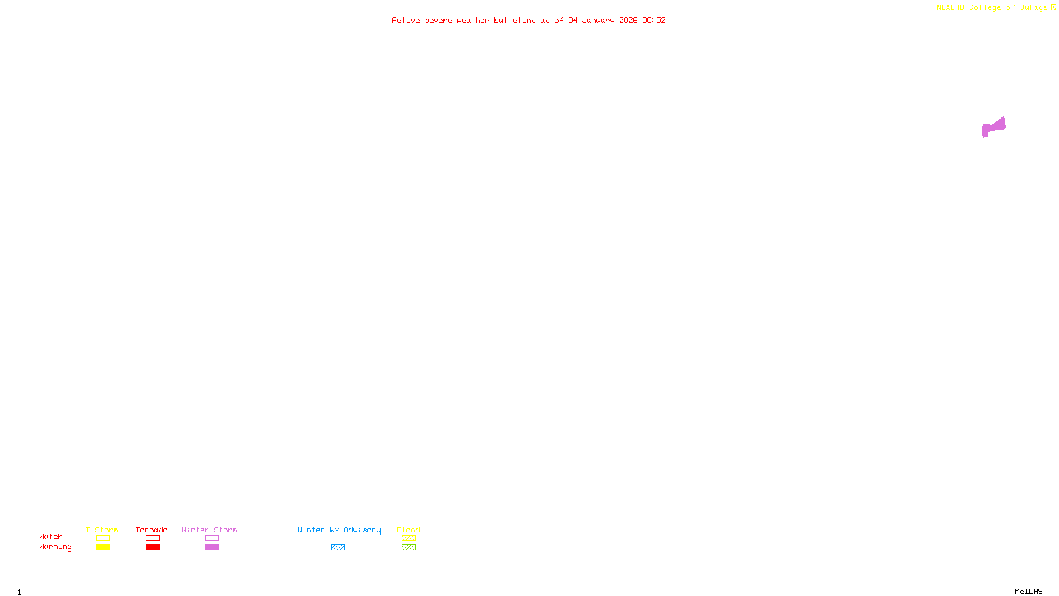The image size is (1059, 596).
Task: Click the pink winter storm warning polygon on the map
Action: [993, 126]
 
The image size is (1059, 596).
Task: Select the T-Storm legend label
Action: [102, 530]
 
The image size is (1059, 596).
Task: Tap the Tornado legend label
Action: [152, 530]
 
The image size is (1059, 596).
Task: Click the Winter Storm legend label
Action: [209, 530]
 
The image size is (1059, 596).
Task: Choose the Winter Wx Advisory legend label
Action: [339, 530]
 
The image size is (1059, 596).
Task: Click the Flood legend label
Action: [408, 530]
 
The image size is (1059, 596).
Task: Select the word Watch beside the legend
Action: [51, 536]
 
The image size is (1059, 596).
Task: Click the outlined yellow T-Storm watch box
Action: [103, 538]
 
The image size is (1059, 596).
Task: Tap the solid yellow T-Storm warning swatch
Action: [103, 548]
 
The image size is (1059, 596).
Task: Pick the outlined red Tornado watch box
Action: [153, 538]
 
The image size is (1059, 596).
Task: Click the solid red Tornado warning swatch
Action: [153, 548]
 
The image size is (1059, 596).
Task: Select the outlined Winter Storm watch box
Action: [212, 538]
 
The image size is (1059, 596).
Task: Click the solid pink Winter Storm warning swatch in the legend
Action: [212, 548]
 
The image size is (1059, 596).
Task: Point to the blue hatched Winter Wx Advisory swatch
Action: [338, 548]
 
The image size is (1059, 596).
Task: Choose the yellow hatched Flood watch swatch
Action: [408, 538]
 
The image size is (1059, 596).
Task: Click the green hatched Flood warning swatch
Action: [408, 548]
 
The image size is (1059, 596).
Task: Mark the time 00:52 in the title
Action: [653, 20]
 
